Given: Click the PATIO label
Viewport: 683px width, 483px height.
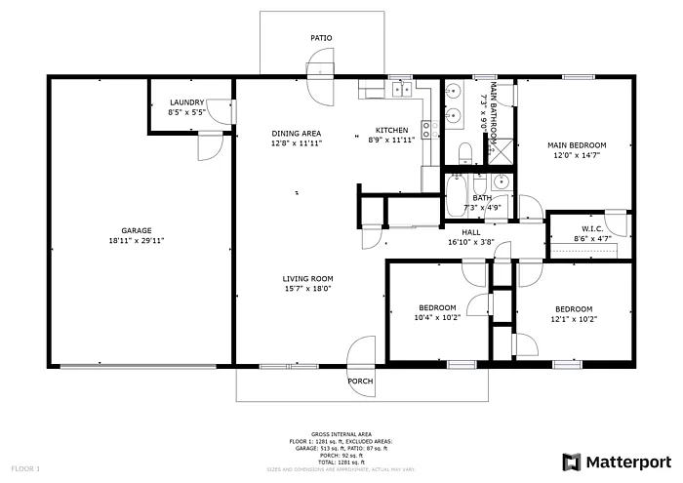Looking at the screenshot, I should pyautogui.click(x=321, y=38).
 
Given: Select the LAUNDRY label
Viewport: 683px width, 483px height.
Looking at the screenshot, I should pyautogui.click(x=186, y=102).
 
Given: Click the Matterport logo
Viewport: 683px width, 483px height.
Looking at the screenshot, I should pyautogui.click(x=618, y=460).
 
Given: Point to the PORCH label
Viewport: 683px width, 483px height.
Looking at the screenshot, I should pyautogui.click(x=361, y=381).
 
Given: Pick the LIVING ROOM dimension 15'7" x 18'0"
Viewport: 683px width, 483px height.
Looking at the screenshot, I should pyautogui.click(x=308, y=288).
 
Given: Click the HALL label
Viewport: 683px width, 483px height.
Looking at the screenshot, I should pyautogui.click(x=470, y=232).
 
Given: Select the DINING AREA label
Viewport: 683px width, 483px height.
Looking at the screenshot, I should pyautogui.click(x=297, y=133).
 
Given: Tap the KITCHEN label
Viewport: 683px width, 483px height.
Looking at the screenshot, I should pyautogui.click(x=392, y=131).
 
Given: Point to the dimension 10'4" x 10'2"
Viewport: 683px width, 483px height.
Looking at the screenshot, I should pyautogui.click(x=437, y=318).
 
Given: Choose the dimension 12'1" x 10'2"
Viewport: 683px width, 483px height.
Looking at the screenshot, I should pyautogui.click(x=574, y=318).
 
